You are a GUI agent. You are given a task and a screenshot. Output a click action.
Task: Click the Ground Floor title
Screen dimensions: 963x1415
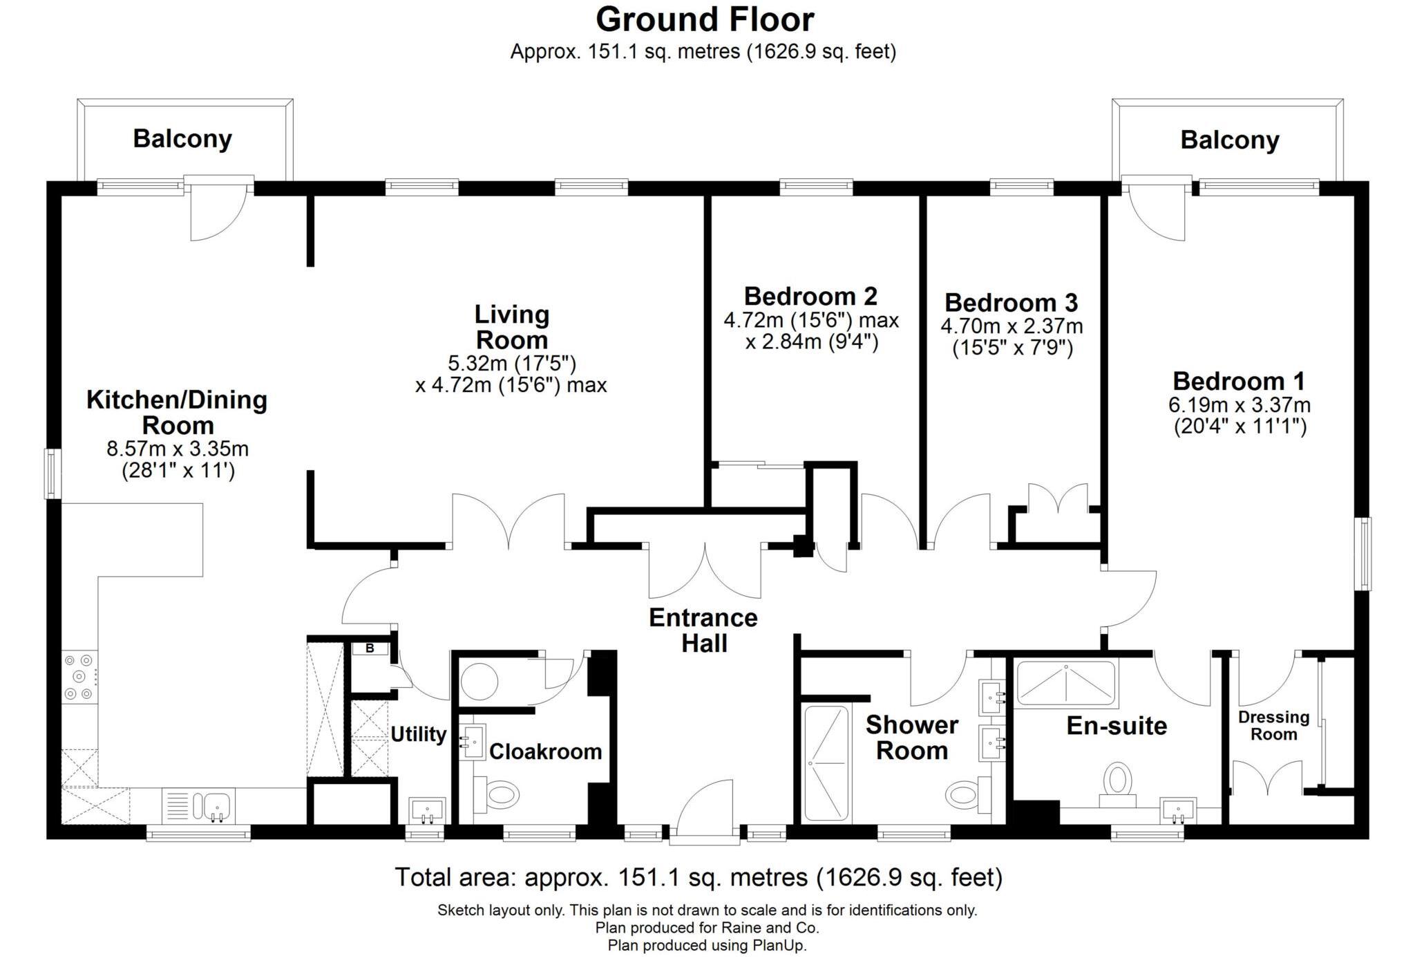(705, 19)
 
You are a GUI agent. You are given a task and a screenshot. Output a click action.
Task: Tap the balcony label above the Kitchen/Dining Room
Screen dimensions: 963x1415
(182, 139)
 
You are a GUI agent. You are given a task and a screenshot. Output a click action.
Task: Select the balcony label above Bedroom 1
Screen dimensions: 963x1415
(1229, 140)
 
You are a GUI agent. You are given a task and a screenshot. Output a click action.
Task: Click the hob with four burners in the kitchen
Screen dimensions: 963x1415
(79, 677)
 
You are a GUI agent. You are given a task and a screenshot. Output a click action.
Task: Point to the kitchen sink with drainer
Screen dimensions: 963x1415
(198, 806)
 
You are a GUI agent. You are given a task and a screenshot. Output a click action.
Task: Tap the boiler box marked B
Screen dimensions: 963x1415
(370, 648)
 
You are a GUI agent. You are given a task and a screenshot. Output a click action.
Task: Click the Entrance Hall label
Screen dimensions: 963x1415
(703, 630)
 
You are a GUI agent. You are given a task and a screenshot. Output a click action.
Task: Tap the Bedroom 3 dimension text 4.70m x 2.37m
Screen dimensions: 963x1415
(1012, 326)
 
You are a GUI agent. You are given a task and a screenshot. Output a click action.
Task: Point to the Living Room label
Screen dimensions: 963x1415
(511, 327)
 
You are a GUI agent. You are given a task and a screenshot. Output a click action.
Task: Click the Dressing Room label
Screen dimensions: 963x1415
(1273, 725)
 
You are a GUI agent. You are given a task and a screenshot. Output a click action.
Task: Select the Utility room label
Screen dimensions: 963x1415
(418, 734)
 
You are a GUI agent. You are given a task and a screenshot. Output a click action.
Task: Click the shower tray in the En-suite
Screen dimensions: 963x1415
(1066, 684)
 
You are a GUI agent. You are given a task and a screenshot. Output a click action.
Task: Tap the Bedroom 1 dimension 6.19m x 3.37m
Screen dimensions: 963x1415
(1240, 405)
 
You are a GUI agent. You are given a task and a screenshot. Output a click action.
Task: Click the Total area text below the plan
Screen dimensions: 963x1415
(698, 877)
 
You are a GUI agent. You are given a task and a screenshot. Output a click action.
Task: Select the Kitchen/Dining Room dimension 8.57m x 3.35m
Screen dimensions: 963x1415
(178, 449)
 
